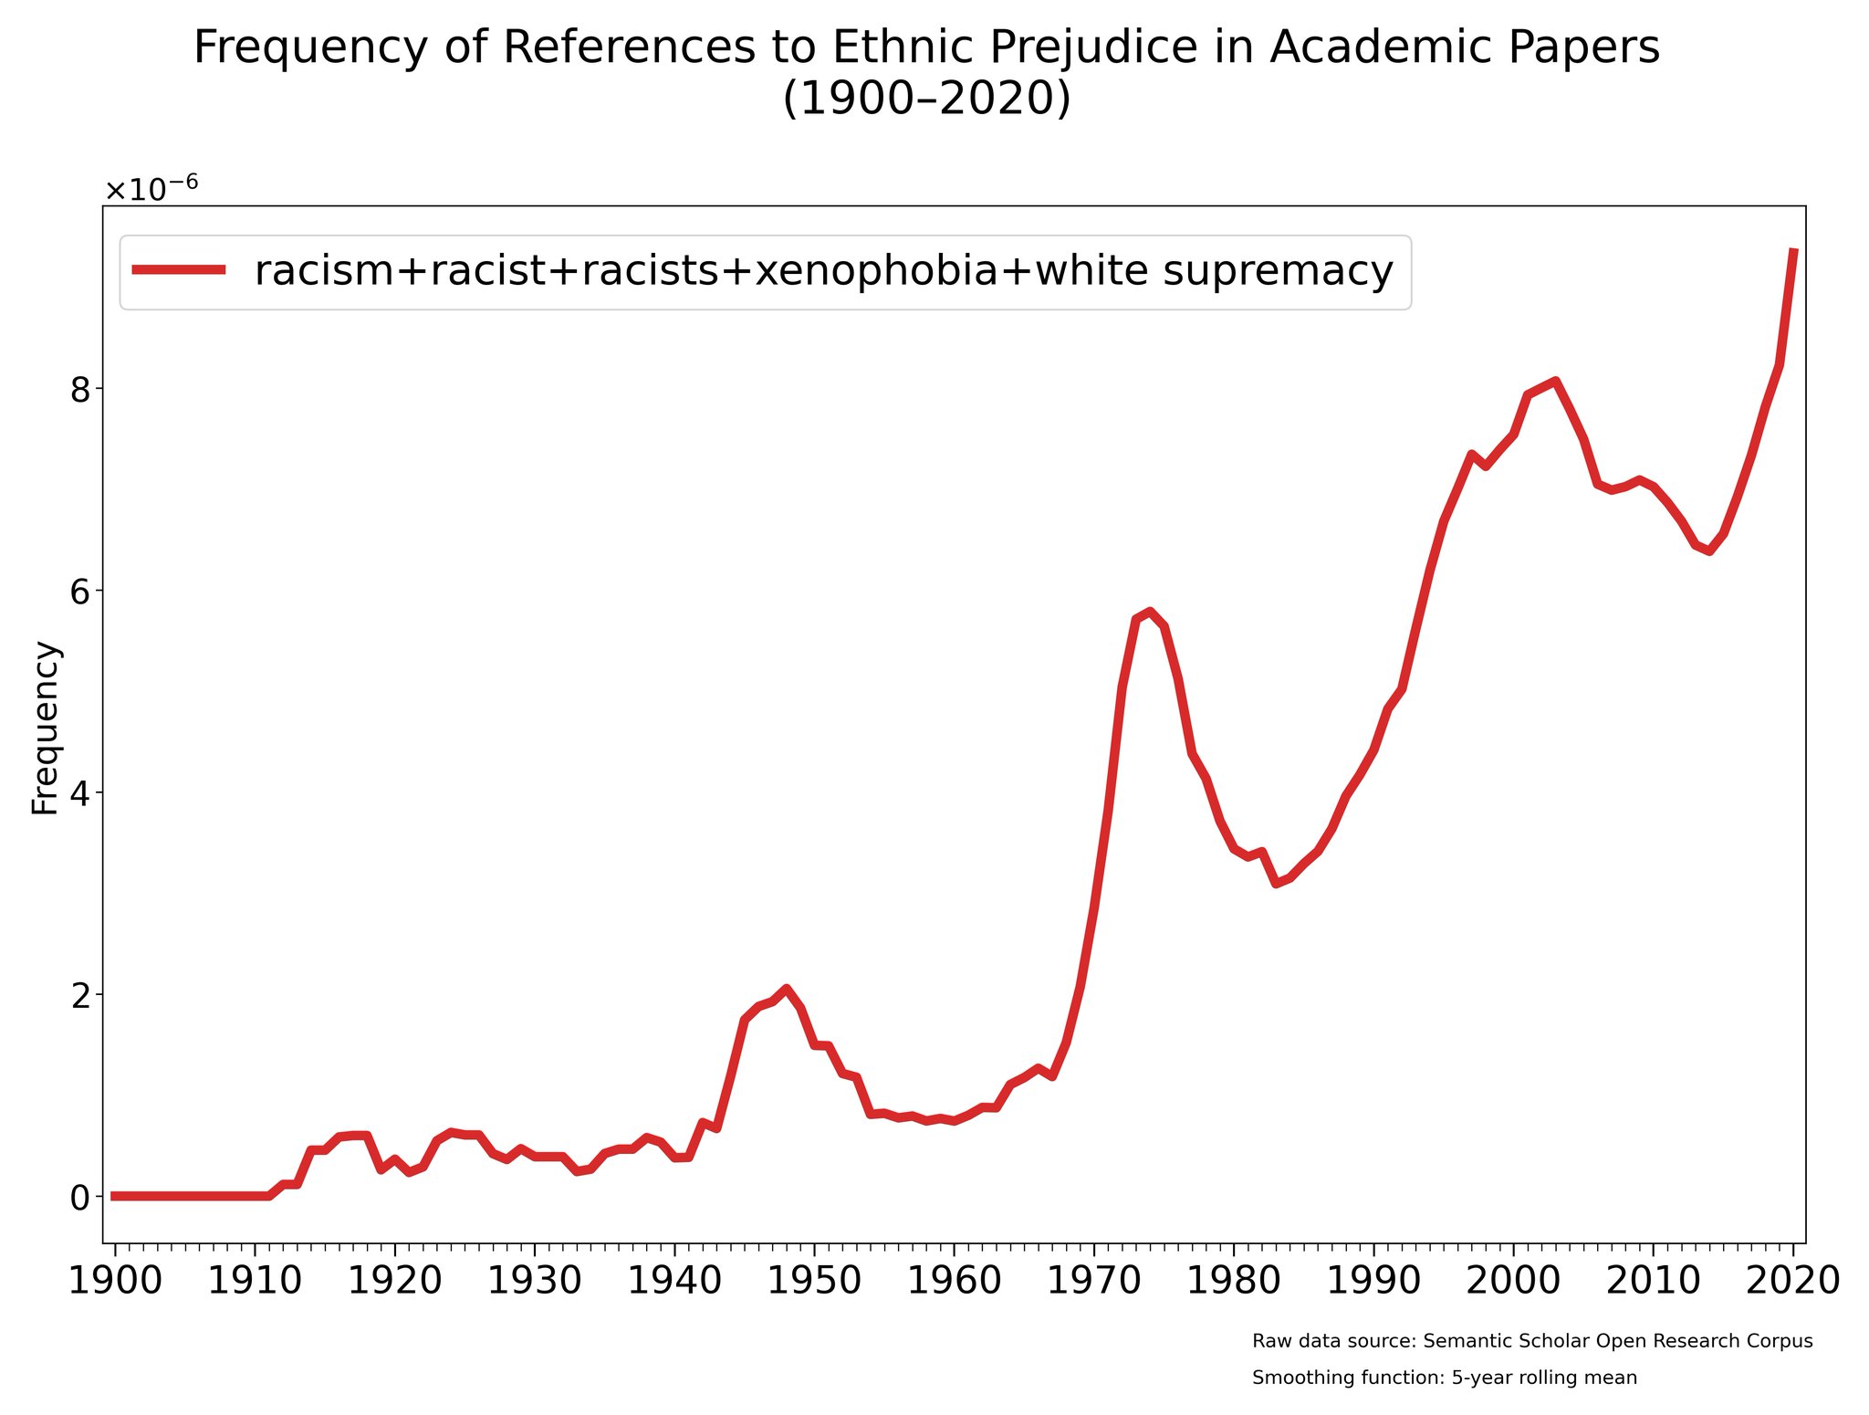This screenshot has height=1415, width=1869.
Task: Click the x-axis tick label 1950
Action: [814, 1281]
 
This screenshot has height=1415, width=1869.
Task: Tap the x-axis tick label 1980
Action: [1233, 1281]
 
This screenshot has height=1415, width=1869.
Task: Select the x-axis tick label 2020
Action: [1792, 1281]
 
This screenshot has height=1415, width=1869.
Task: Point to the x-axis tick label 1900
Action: [115, 1281]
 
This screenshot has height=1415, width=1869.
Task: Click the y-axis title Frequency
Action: [46, 728]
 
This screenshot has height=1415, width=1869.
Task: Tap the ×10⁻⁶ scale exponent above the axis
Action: [151, 189]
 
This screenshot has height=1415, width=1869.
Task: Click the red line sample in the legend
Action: [179, 269]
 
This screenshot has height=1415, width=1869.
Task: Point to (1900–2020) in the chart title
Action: [926, 99]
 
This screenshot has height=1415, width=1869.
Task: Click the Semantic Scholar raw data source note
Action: [1532, 1341]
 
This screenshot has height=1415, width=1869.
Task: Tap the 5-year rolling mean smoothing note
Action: [1445, 1378]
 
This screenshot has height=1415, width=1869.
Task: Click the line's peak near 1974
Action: [1150, 612]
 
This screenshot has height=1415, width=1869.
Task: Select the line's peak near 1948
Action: [786, 989]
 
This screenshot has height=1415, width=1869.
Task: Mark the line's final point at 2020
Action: [1793, 250]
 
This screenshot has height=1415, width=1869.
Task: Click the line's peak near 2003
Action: [1554, 382]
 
